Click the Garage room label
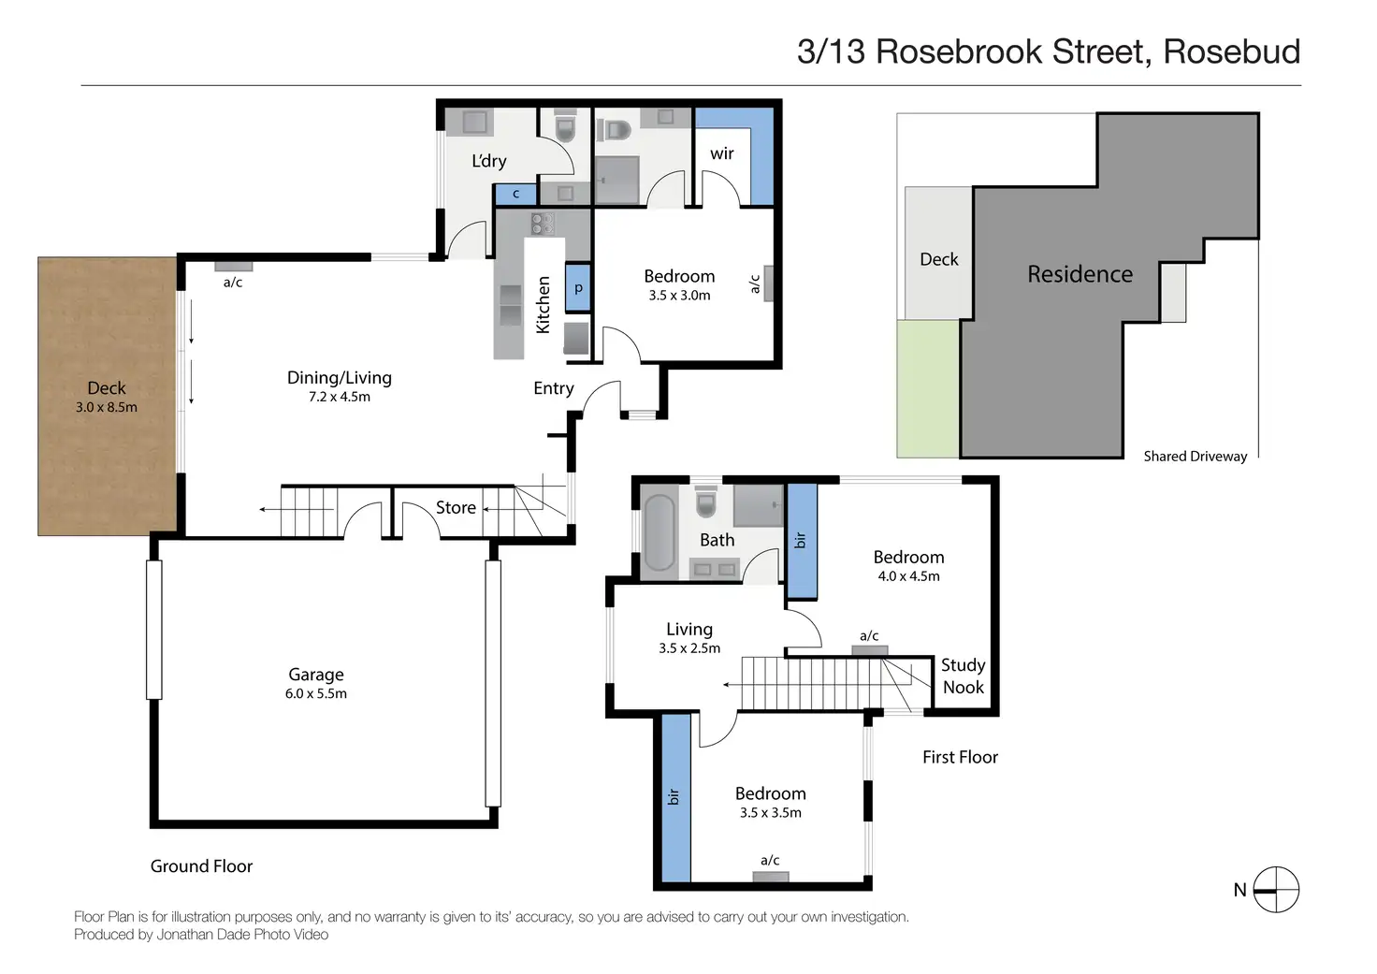click(315, 675)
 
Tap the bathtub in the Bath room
click(660, 532)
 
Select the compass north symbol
click(1275, 890)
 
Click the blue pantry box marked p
click(578, 288)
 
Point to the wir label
click(721, 153)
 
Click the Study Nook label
click(963, 676)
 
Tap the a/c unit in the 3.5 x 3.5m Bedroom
click(771, 877)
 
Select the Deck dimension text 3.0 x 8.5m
click(107, 407)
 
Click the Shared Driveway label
click(1195, 457)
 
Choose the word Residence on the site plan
click(1080, 274)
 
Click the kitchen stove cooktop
click(543, 223)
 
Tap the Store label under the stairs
click(456, 507)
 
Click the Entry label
click(553, 388)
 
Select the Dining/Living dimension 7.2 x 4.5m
click(340, 397)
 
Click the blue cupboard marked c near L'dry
click(515, 194)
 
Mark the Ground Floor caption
click(201, 866)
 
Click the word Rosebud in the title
click(1231, 51)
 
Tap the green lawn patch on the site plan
click(927, 388)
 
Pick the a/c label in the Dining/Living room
click(233, 282)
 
